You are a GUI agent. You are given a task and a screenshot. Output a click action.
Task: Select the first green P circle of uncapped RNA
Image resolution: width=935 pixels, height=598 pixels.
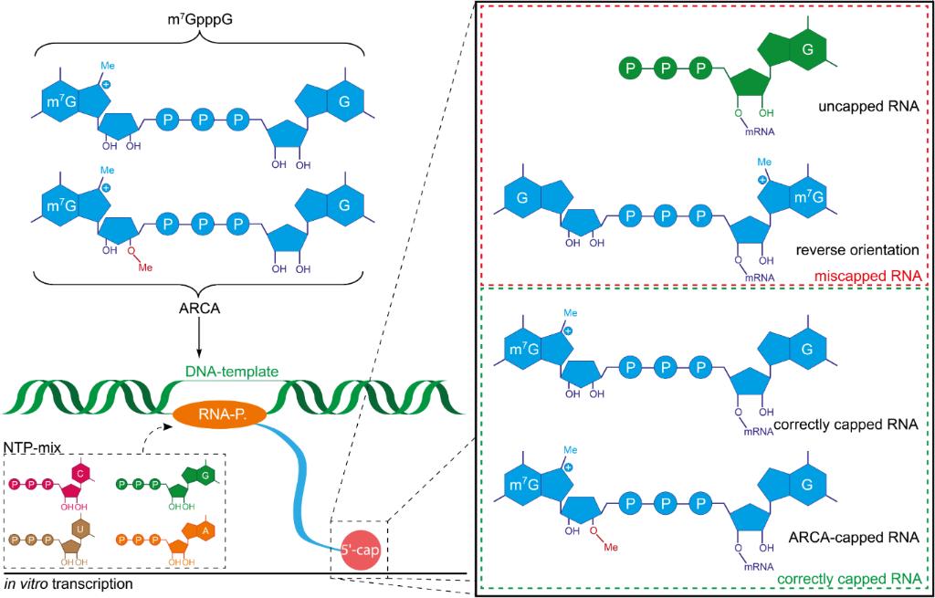click(x=631, y=68)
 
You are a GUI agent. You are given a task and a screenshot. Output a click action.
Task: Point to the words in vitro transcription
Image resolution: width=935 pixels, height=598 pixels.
click(x=68, y=582)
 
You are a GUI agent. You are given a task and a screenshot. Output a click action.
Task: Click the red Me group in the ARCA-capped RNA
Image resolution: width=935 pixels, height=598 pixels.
click(x=611, y=547)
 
